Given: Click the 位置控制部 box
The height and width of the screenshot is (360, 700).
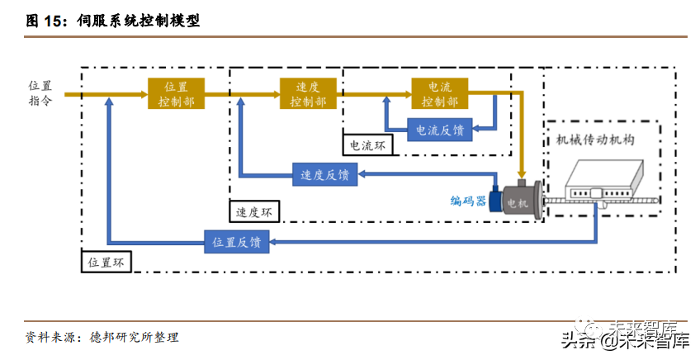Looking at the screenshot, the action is (177, 94).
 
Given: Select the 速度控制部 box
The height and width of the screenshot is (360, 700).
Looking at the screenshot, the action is (308, 94).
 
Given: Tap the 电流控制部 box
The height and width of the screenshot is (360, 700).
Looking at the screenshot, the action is (440, 94).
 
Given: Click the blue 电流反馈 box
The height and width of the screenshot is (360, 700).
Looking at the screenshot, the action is (440, 130).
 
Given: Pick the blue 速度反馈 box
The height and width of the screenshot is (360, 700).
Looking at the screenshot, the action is (325, 174).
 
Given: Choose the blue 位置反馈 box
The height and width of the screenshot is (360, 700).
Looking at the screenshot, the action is (237, 242).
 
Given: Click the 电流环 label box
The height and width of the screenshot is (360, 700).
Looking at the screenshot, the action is (367, 145).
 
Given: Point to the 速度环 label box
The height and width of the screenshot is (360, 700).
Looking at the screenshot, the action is (254, 211).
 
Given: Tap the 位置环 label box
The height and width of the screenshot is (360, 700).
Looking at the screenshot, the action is (106, 263).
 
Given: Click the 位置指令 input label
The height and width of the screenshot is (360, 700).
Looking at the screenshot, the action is (40, 93).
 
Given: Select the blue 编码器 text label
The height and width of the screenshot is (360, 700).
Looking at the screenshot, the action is (468, 201).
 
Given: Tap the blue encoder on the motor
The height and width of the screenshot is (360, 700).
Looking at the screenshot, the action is (495, 201).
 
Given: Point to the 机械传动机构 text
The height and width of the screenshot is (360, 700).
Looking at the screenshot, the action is (595, 140).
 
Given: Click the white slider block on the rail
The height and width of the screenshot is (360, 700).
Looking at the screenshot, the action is (595, 193).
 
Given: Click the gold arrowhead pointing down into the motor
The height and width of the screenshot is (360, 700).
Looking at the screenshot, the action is (522, 175).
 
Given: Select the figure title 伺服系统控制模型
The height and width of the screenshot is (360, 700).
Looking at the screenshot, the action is (139, 21).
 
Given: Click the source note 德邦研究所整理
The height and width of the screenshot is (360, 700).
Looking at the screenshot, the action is (134, 337).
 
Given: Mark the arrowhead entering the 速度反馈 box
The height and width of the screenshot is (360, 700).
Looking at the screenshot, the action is (362, 174).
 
